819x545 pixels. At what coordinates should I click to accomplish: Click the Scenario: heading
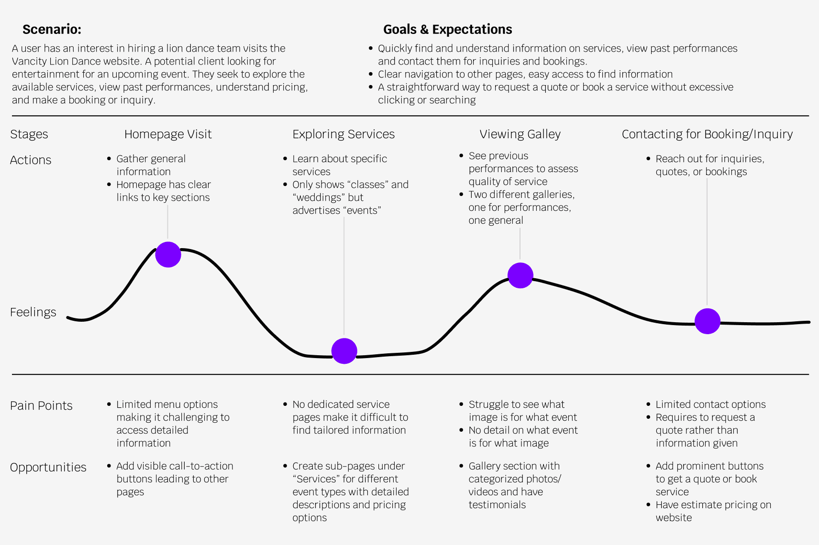[x=52, y=30]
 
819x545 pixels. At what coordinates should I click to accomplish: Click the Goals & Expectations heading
[x=447, y=30]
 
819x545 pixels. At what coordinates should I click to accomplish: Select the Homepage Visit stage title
[x=168, y=134]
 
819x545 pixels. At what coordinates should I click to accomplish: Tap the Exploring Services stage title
[x=343, y=134]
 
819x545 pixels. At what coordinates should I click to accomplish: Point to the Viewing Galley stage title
[x=520, y=134]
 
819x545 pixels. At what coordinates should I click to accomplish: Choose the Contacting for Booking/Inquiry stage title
[x=707, y=134]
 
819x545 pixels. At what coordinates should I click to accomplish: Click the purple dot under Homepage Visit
[x=168, y=254]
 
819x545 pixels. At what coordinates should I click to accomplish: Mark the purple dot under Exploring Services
[x=344, y=351]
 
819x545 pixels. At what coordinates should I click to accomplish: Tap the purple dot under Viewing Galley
[x=520, y=275]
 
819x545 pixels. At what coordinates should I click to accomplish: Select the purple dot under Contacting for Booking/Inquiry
[x=707, y=321]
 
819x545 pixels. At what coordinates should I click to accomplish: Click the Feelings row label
[x=33, y=312]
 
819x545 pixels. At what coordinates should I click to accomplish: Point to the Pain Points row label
[x=41, y=406]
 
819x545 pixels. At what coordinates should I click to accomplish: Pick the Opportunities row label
[x=48, y=468]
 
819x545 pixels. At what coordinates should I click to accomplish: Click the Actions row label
[x=31, y=160]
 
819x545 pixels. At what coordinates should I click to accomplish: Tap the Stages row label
[x=29, y=134]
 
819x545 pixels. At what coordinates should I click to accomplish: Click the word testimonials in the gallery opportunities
[x=497, y=505]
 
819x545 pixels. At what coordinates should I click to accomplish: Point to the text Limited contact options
[x=710, y=404]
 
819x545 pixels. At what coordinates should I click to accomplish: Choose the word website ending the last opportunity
[x=674, y=518]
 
